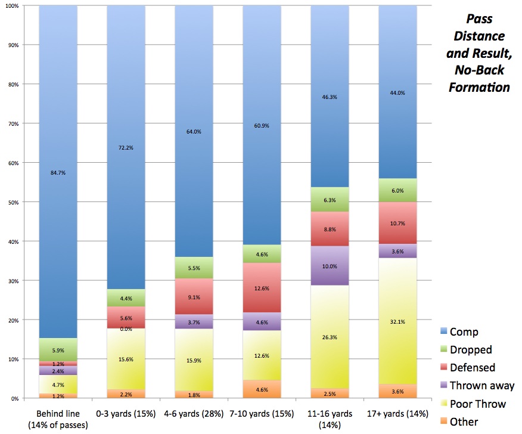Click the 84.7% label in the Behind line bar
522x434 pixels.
click(58, 173)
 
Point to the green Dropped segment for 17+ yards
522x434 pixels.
click(397, 190)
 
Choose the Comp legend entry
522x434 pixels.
click(464, 331)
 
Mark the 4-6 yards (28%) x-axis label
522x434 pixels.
click(194, 413)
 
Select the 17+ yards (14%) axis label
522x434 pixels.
click(398, 413)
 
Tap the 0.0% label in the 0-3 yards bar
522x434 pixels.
click(126, 328)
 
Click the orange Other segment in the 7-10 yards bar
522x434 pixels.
click(262, 389)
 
